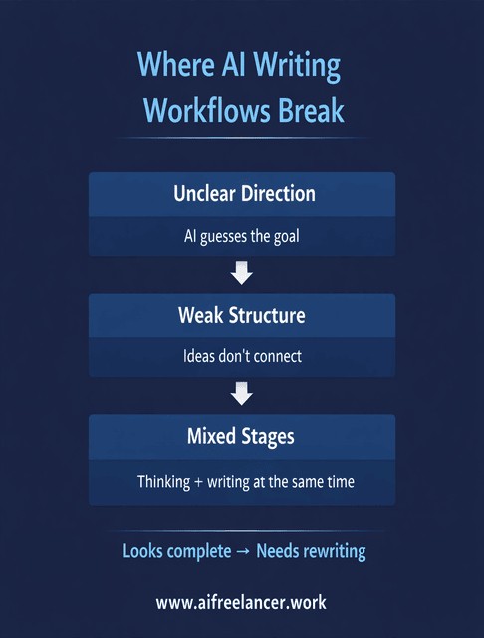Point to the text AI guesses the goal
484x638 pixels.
(241, 237)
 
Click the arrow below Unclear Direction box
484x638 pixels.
(241, 273)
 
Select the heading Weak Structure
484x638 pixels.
(241, 315)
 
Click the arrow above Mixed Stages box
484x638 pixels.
(241, 395)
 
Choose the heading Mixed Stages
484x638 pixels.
(241, 436)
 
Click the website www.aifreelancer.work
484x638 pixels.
(241, 602)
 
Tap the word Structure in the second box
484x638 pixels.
(269, 315)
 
